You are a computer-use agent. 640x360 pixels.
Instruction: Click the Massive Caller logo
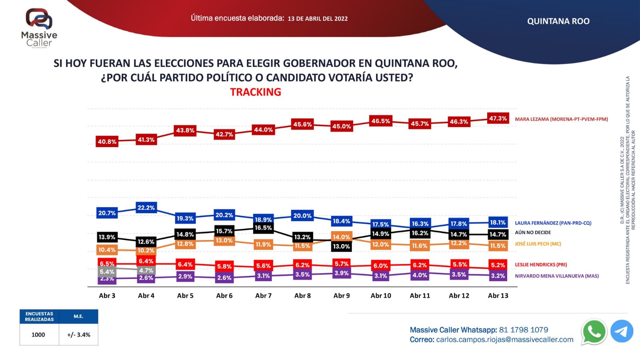pos(39,27)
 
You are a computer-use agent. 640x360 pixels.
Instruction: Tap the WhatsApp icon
pos(594,332)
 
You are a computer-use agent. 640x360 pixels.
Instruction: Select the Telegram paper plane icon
pos(622,331)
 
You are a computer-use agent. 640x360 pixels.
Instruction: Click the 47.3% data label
pos(498,118)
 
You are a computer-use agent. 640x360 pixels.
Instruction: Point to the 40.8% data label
pos(107,142)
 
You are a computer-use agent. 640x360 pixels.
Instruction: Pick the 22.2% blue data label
pos(146,208)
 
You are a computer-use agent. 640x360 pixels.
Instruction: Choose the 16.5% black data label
pos(263,228)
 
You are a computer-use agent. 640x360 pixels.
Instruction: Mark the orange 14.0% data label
pos(341,237)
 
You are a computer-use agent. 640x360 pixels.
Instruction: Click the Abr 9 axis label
pos(342,296)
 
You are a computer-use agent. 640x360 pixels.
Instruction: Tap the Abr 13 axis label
pos(498,296)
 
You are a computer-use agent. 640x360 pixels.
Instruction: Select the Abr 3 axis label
pos(107,296)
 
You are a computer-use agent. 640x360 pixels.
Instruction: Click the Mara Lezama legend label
pos(561,119)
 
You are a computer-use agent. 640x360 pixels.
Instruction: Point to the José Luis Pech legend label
pos(538,244)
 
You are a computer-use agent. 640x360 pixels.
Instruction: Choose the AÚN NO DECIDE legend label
pos(533,232)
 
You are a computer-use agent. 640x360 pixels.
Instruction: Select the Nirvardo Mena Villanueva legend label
pos(557,276)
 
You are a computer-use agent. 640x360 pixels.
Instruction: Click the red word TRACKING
pos(256,92)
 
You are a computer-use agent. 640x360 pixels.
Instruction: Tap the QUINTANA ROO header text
pos(558,21)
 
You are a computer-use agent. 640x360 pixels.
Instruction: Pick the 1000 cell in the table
pos(38,335)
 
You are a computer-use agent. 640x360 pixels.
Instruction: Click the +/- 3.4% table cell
pos(79,335)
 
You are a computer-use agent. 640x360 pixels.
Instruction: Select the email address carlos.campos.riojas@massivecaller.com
pos(504,340)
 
